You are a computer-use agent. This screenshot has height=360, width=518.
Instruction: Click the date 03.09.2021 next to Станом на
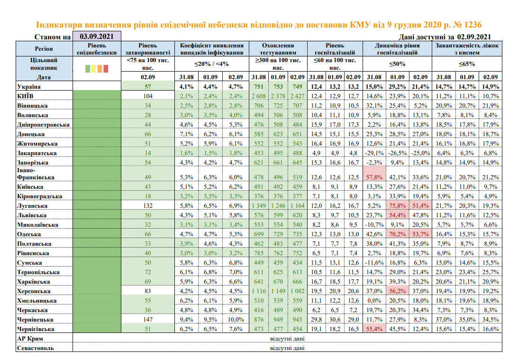(96, 37)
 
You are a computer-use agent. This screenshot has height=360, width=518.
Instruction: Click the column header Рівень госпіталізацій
(334, 49)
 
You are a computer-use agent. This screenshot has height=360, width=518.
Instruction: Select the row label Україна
(29, 87)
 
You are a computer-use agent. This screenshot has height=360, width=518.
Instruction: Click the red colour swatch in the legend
(106, 69)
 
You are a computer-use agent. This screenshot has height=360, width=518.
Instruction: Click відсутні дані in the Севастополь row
(287, 348)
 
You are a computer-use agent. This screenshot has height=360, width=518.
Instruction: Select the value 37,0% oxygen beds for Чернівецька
(444, 319)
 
